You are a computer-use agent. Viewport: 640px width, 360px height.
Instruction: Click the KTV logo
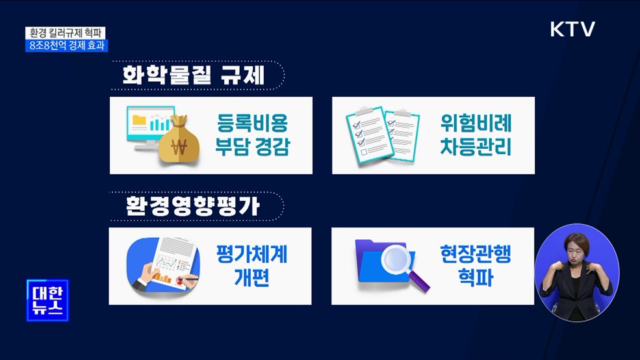coord(572,29)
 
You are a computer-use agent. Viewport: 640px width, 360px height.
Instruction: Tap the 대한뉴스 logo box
coord(47,300)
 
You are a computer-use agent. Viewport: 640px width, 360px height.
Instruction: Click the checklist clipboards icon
coord(382,135)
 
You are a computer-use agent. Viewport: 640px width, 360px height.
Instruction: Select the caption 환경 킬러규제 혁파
coord(66,32)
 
